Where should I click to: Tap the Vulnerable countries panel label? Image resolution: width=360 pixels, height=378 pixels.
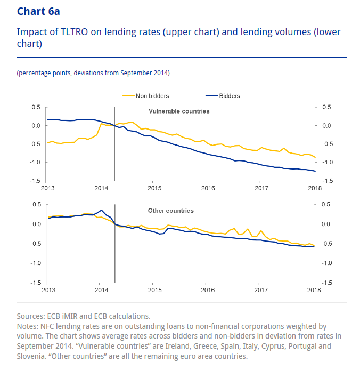[x=178, y=111]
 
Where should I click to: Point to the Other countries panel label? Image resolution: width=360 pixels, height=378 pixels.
[x=171, y=211]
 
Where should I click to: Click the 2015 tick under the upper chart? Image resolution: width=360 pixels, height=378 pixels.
[x=154, y=188]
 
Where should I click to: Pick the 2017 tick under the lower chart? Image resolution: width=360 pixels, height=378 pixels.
[x=260, y=289]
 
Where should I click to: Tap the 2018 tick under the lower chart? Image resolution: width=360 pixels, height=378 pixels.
[x=314, y=289]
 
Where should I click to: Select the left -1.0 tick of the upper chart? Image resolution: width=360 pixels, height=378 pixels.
[x=36, y=163]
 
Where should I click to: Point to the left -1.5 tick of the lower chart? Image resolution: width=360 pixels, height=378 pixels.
[x=36, y=283]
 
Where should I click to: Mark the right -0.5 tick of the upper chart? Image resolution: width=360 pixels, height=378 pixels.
[x=327, y=144]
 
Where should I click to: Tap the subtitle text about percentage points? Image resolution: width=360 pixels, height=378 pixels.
[x=93, y=73]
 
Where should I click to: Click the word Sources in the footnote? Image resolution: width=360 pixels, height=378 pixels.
[x=31, y=316]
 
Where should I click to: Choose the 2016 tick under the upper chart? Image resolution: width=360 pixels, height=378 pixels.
[x=208, y=188]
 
